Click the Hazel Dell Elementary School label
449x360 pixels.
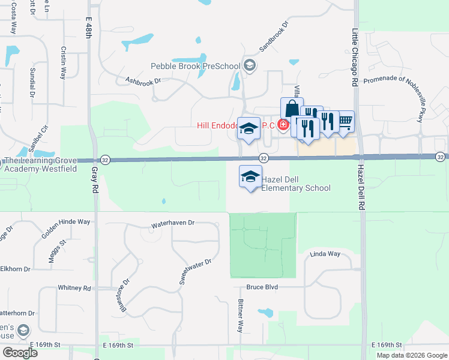[x=296, y=183]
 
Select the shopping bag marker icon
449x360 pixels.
[x=292, y=109]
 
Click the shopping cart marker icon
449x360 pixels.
[x=345, y=121]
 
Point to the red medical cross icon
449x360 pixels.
[x=282, y=125]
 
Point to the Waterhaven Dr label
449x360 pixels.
[x=173, y=223]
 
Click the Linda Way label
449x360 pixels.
[x=325, y=254]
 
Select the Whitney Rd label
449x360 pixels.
[x=74, y=288]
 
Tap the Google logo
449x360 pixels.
[x=19, y=352]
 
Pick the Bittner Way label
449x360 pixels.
[x=240, y=317]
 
